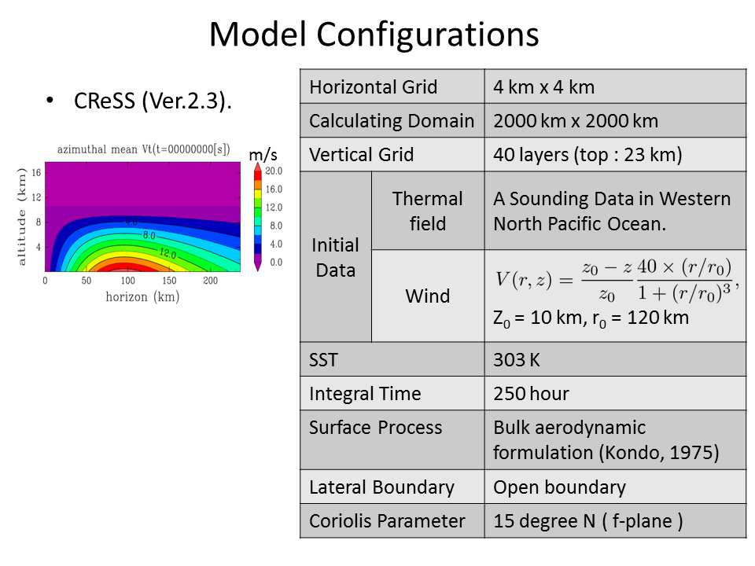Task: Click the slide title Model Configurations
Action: point(374,35)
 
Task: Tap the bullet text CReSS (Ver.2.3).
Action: point(153,101)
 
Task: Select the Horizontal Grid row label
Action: point(373,87)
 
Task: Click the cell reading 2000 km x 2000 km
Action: point(576,121)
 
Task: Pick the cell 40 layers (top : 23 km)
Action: point(587,155)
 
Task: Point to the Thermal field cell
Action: point(428,211)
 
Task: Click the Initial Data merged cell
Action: point(335,257)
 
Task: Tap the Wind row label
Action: point(428,296)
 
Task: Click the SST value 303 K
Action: point(517,360)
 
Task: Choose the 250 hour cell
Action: point(531,394)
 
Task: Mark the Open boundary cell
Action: point(559,487)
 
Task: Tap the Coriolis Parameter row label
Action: point(387,520)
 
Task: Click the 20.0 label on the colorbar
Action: point(274,171)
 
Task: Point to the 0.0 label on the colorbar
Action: point(276,263)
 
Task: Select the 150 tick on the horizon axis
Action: point(169,281)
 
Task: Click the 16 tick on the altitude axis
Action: point(37,172)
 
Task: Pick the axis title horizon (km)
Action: point(142,296)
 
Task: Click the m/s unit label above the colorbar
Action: point(263,155)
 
